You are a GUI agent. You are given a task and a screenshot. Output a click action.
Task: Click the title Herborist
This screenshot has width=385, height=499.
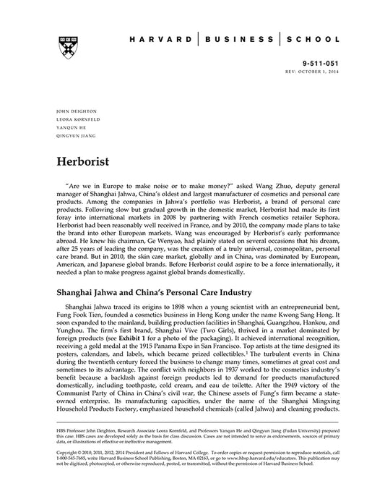(x=87, y=160)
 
